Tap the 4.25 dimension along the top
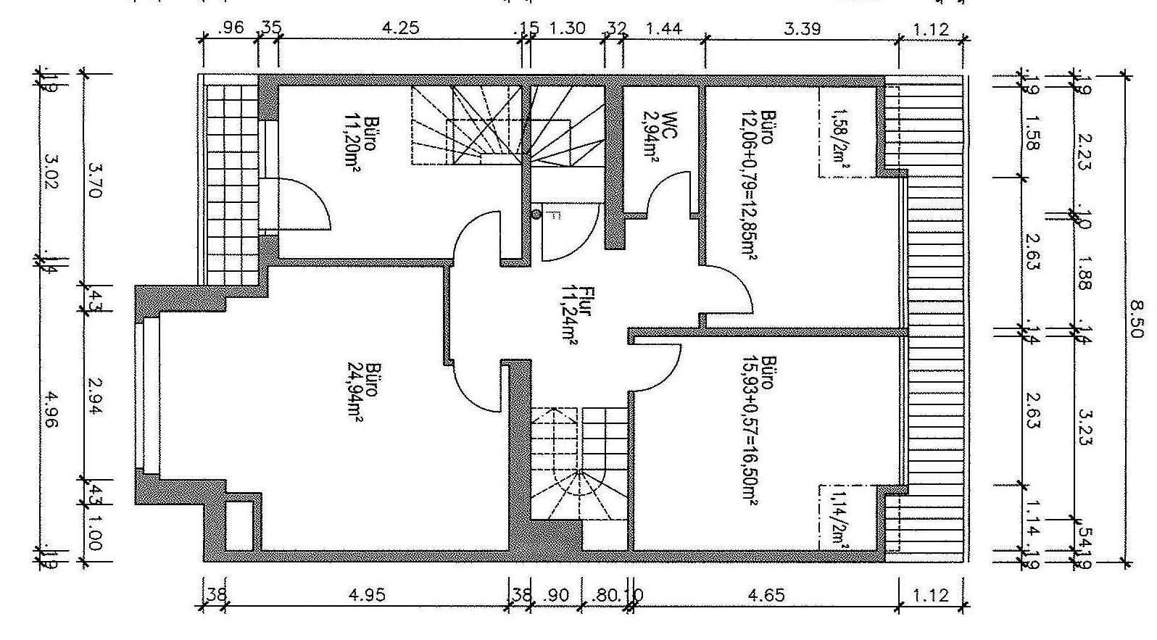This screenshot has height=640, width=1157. coord(400,30)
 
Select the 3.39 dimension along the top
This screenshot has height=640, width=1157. coord(802,30)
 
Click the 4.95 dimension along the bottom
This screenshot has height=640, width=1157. coord(367,596)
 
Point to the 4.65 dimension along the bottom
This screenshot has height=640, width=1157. coord(766,596)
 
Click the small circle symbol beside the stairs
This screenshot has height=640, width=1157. coord(536,214)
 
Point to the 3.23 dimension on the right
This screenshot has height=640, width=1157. coord(1085,428)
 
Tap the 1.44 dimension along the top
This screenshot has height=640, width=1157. coord(664,30)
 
